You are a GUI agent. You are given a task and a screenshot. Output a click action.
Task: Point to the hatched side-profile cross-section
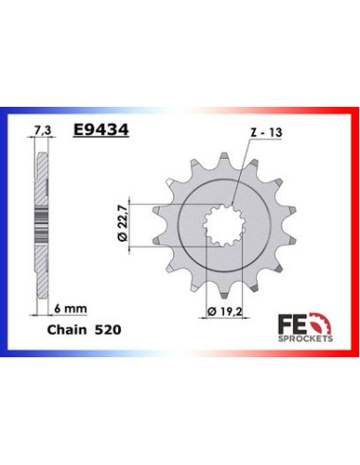[41, 227]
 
